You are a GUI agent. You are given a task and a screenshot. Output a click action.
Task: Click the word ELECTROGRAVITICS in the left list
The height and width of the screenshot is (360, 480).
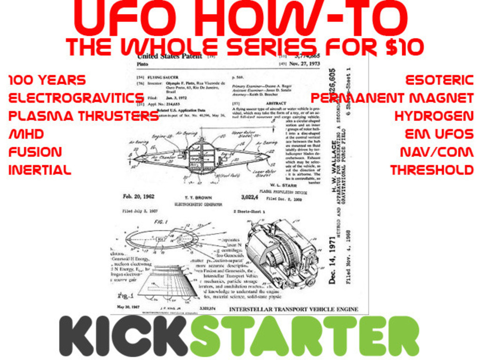(76, 98)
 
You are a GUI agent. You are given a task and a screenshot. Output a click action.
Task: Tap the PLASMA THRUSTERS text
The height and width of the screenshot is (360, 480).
(84, 116)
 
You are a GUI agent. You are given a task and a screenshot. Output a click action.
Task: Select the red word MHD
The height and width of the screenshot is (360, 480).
(26, 134)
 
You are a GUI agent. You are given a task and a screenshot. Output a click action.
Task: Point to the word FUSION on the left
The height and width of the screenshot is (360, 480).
(35, 152)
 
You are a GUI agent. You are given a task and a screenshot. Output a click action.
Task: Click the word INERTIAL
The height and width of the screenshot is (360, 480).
(40, 170)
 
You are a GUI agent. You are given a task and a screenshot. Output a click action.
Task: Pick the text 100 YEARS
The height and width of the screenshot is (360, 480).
(47, 80)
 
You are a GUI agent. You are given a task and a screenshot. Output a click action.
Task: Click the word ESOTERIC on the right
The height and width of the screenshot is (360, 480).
(439, 80)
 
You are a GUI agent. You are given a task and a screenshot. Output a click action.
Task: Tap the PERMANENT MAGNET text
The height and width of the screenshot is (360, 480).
(392, 98)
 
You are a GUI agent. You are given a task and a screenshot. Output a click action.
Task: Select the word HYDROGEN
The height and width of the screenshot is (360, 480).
(434, 116)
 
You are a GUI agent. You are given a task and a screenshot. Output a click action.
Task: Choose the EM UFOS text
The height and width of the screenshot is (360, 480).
(439, 134)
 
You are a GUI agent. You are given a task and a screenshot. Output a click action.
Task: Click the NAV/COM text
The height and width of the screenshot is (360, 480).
(436, 152)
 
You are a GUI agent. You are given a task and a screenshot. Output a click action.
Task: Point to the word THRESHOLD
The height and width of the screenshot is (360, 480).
(432, 170)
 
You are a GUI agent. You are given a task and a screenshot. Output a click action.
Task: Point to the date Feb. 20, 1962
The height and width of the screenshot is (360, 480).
(139, 196)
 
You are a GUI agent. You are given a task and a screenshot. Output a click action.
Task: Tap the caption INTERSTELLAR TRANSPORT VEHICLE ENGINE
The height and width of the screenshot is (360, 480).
(293, 309)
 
